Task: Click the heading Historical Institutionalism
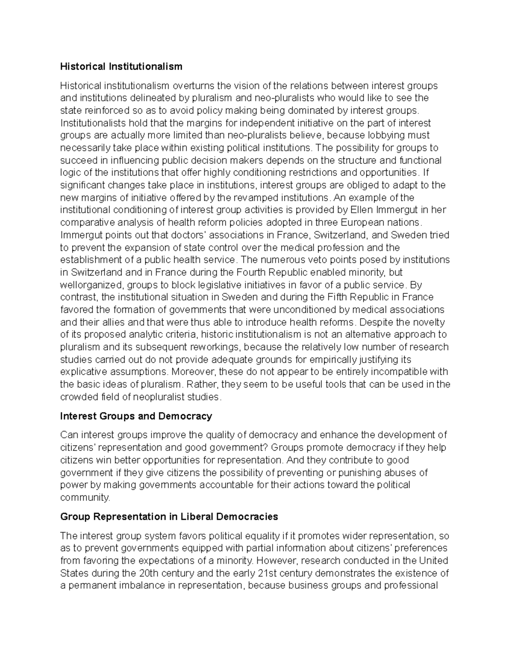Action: [121, 66]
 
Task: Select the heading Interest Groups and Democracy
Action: [136, 416]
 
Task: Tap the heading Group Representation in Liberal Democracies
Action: [169, 517]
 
